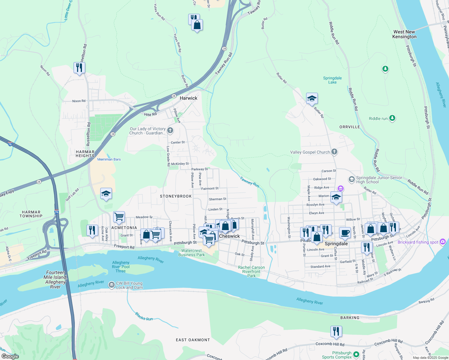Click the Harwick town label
[x=188, y=98]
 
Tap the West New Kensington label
[x=404, y=34]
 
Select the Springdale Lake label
[x=332, y=80]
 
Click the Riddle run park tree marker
[x=392, y=118]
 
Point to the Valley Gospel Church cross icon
[x=334, y=152]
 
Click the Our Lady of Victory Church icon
[x=170, y=130]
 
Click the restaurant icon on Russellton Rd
[x=79, y=68]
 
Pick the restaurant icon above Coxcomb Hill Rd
[x=336, y=331]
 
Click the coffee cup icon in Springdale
[x=345, y=232]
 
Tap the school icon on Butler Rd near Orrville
[x=312, y=98]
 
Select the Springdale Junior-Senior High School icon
[x=351, y=179]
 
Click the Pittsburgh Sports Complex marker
[x=356, y=354]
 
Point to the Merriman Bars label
[x=109, y=159]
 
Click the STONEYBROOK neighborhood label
[x=176, y=196]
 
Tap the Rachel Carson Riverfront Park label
[x=252, y=271]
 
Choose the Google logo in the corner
[x=10, y=356]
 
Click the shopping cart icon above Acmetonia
[x=119, y=217]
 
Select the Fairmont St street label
[x=210, y=188]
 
